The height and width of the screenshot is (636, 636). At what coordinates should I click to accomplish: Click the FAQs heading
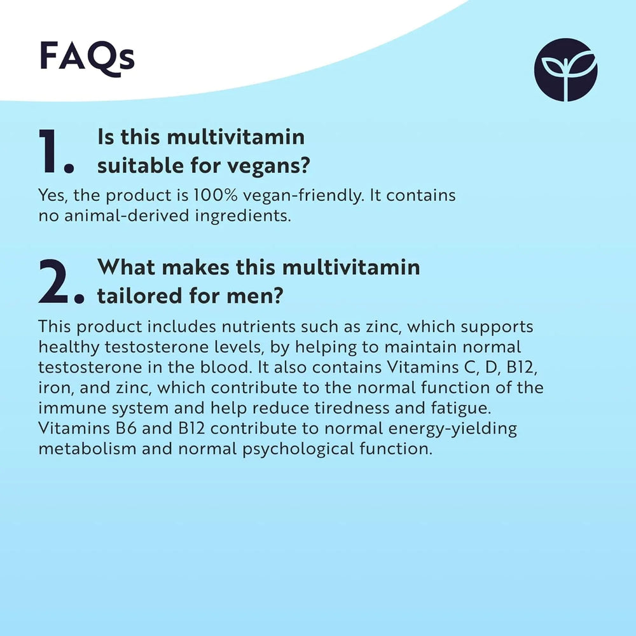87,57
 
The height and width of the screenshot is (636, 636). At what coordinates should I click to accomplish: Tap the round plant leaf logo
565,70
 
